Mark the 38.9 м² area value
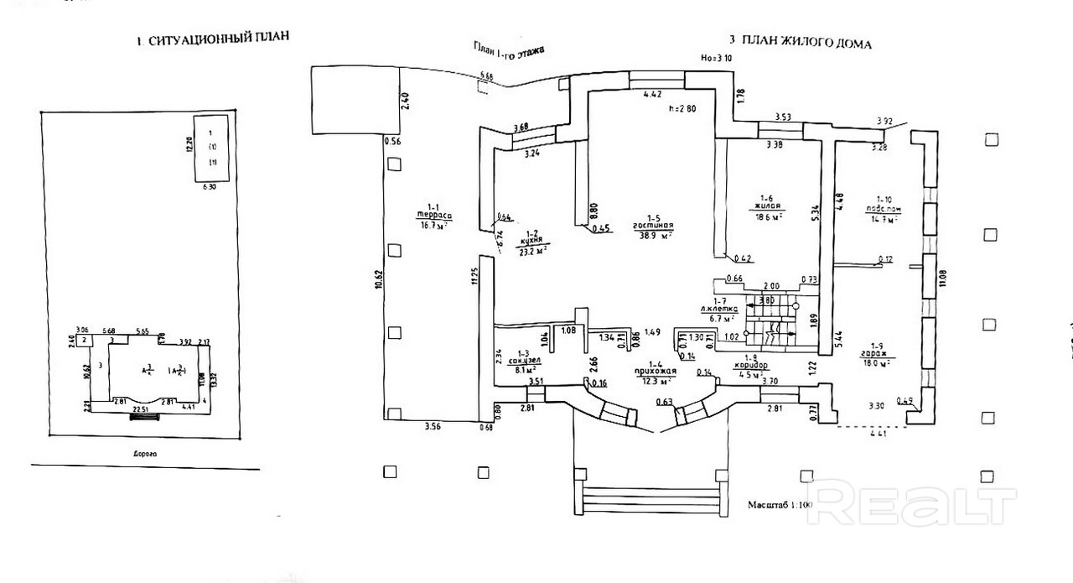click(x=656, y=237)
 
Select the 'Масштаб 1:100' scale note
click(x=780, y=506)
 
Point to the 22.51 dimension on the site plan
click(x=139, y=409)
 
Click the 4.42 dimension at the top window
click(x=653, y=94)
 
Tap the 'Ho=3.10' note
click(x=717, y=59)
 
